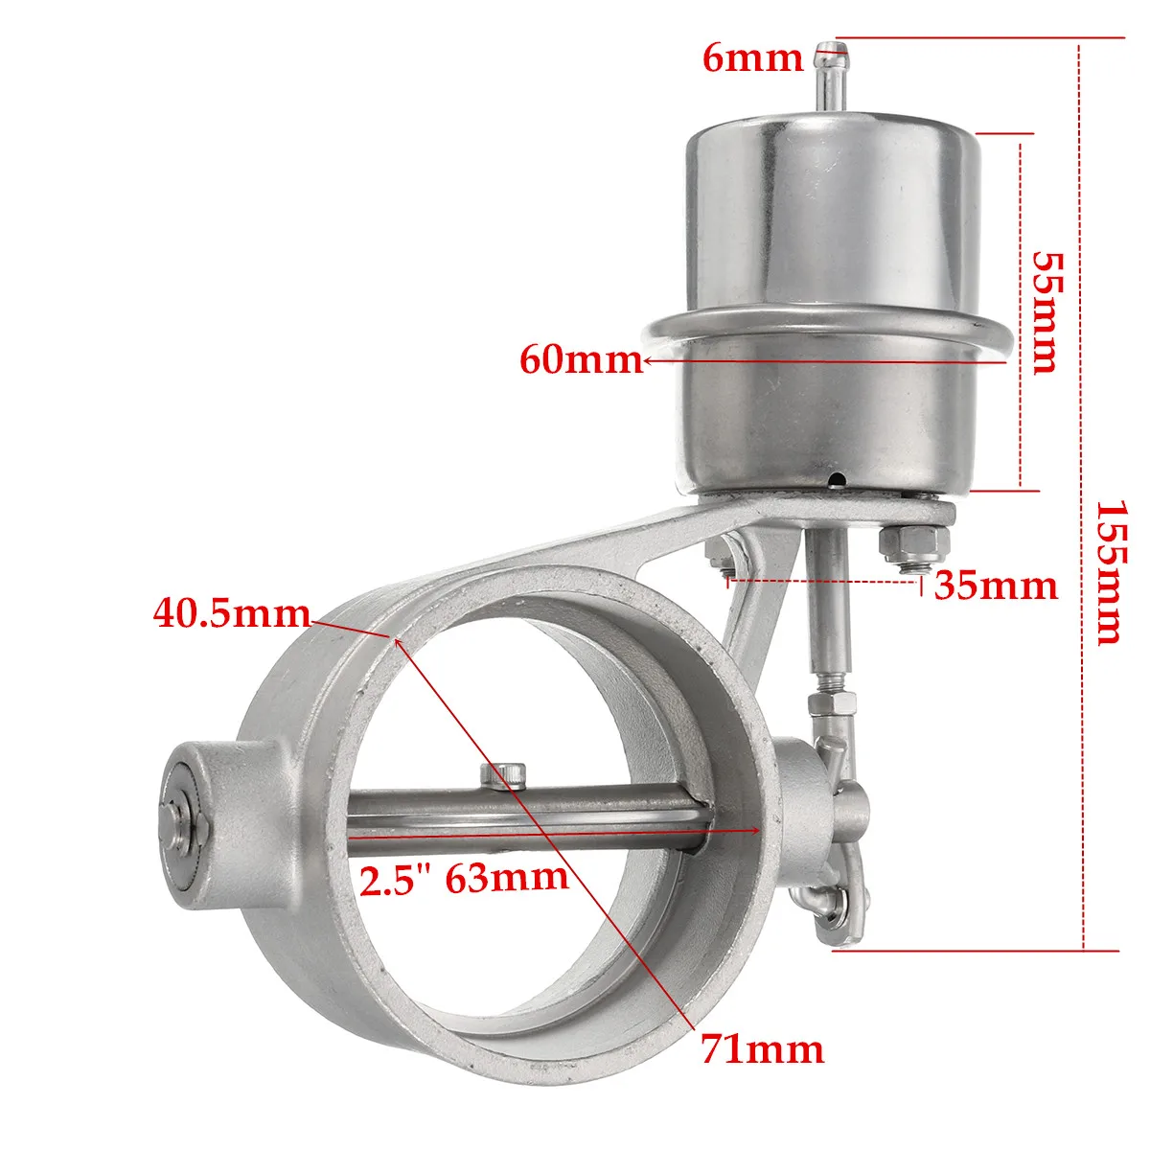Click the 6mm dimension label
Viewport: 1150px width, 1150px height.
(x=751, y=58)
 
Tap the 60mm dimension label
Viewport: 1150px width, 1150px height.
(x=580, y=359)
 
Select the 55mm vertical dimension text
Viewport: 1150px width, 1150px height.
(x=1046, y=312)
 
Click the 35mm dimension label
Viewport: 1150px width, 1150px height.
(x=996, y=584)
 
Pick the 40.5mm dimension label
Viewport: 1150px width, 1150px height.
(x=231, y=612)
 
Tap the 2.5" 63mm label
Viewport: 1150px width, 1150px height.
(x=463, y=878)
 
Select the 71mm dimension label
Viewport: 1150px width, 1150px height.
(x=762, y=1049)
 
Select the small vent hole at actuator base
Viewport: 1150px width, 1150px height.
(x=837, y=478)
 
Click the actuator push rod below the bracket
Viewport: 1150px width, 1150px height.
(x=828, y=604)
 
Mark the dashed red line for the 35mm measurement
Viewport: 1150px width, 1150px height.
(x=824, y=579)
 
